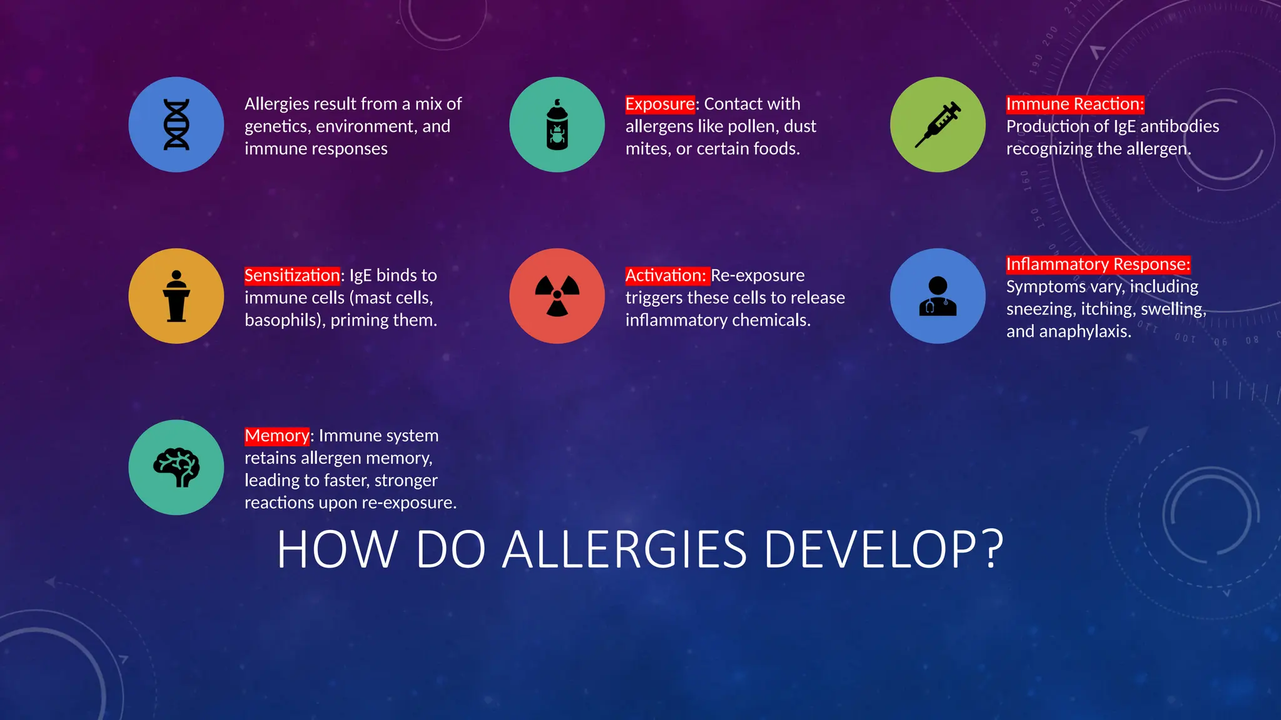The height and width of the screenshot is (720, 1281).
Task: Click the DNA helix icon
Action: [176, 124]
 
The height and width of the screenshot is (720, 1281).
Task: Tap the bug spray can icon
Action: [557, 124]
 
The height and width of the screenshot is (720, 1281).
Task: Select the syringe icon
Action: [938, 124]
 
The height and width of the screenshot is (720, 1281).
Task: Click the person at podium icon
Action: [176, 296]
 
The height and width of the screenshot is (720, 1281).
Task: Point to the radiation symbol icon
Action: [557, 296]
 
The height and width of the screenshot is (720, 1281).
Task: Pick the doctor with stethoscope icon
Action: [938, 296]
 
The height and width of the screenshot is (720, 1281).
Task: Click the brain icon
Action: [176, 467]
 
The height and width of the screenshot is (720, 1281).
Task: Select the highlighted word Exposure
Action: [660, 104]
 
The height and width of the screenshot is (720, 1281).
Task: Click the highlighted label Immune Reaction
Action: [1075, 104]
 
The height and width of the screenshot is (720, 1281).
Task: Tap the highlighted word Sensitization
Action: [292, 275]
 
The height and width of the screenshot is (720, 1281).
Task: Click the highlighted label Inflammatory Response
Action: [1098, 264]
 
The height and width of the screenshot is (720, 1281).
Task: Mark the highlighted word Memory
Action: [276, 435]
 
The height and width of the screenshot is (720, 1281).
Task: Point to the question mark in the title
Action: [992, 549]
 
